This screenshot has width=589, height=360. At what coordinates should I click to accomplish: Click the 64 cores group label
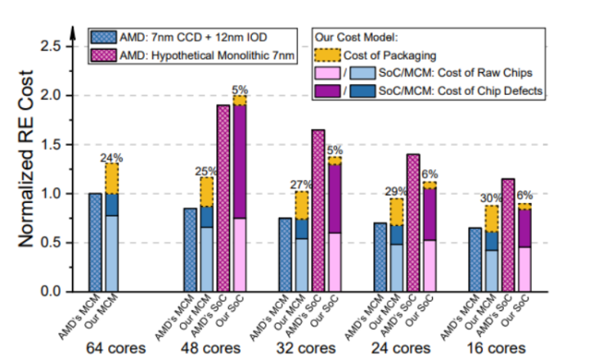coord(112,347)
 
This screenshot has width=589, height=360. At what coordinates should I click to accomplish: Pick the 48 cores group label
coord(212,347)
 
